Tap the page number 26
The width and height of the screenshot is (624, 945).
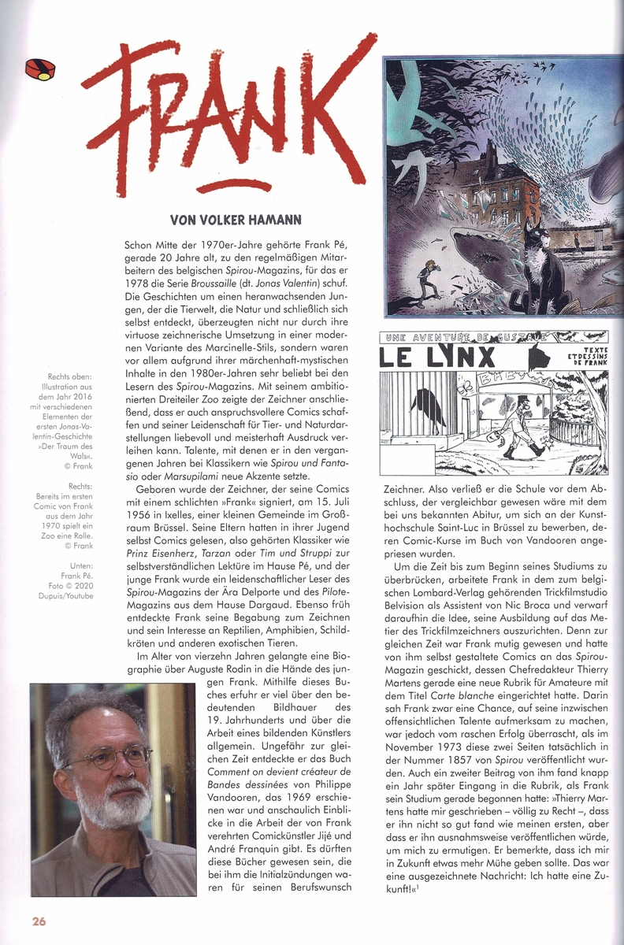click(39, 920)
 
